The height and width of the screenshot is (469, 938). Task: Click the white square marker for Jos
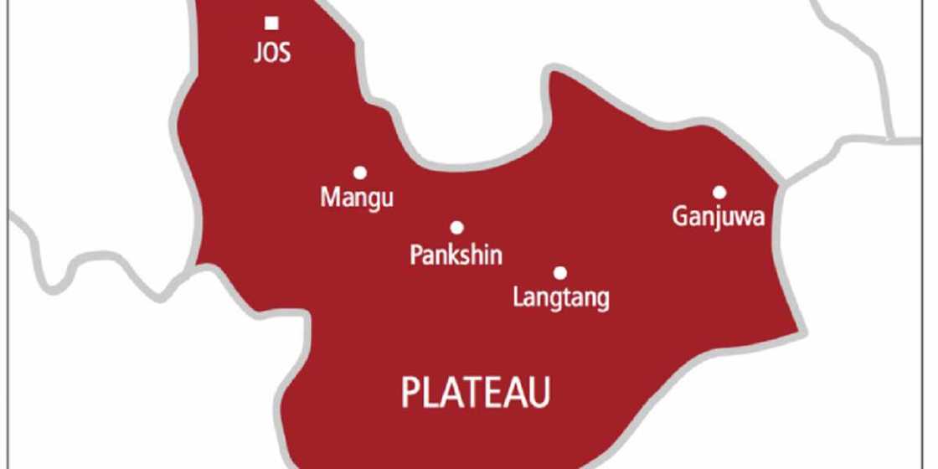271,23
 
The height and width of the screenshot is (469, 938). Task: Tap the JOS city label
272,54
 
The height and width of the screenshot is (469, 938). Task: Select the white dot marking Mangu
360,173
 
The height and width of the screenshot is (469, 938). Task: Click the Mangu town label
358,200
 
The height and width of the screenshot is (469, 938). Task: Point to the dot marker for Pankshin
456,228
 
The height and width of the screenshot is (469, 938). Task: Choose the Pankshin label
456,255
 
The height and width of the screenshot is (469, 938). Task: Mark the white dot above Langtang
560,273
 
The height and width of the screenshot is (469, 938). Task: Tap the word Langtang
560,299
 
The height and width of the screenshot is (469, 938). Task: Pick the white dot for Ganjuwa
719,192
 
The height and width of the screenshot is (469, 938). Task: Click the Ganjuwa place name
719,218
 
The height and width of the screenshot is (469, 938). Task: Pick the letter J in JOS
257,54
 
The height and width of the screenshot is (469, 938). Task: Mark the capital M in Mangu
329,198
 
